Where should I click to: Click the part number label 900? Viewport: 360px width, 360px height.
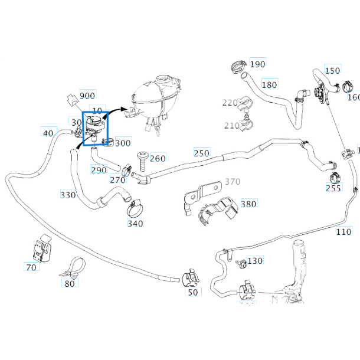87,96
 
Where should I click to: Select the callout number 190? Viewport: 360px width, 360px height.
257,64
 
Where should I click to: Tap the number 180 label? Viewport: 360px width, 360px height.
269,84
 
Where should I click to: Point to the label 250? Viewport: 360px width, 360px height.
201,153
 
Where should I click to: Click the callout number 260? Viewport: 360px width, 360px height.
158,158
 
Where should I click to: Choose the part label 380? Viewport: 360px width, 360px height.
248,204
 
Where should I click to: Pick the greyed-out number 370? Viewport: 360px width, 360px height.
233,182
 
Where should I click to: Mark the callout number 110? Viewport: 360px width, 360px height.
343,232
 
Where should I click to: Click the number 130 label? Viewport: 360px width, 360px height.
255,261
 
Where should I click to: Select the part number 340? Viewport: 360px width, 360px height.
135,223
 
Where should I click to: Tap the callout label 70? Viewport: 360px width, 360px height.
31,267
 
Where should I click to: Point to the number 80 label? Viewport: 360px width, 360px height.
70,283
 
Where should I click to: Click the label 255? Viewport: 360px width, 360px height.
333,188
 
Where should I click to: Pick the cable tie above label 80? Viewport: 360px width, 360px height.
72,267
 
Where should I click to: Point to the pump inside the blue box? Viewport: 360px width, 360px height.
94,127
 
